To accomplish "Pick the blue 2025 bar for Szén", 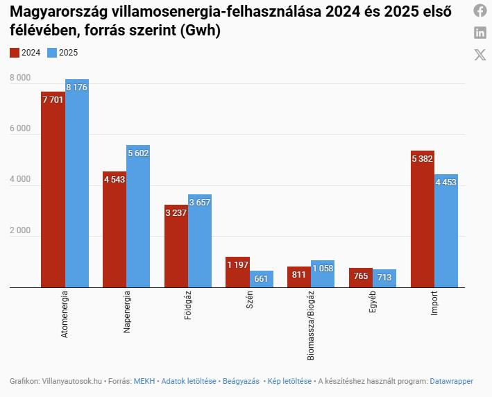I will pyautogui.click(x=262, y=279).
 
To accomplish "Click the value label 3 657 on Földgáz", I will pyautogui.click(x=200, y=202).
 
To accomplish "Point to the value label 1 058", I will pyautogui.click(x=323, y=268).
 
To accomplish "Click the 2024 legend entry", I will pyautogui.click(x=26, y=53).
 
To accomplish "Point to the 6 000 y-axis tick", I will pyautogui.click(x=19, y=129).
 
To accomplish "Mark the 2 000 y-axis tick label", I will pyautogui.click(x=19, y=231).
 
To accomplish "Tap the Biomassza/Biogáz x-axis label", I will pyautogui.click(x=311, y=326).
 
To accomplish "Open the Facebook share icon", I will pyautogui.click(x=480, y=10).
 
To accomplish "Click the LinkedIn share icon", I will pyautogui.click(x=480, y=33).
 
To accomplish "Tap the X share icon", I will pyautogui.click(x=480, y=55).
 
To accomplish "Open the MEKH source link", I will pyautogui.click(x=144, y=381).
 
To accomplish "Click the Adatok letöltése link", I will pyautogui.click(x=189, y=381).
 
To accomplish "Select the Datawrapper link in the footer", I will pyautogui.click(x=451, y=381).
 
